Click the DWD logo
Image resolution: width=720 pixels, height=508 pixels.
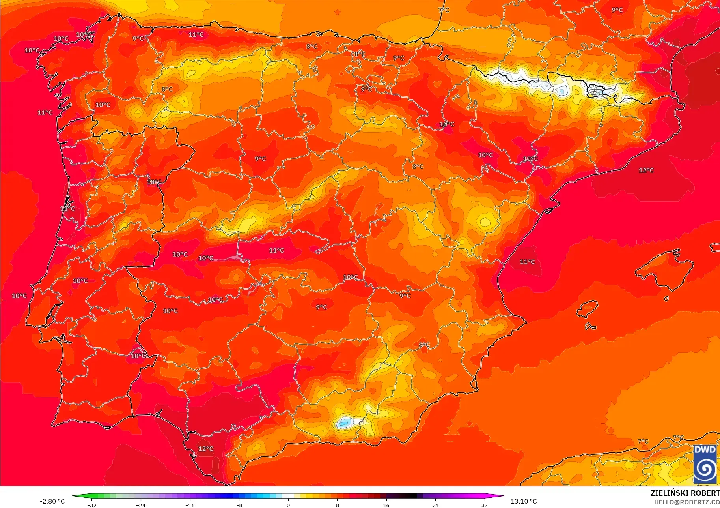click(705, 464)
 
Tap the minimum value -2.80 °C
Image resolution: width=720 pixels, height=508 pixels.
click(52, 501)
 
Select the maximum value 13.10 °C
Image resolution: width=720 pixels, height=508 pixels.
click(524, 501)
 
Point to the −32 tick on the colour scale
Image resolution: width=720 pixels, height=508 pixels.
click(92, 505)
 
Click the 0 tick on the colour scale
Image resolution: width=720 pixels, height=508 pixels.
click(288, 505)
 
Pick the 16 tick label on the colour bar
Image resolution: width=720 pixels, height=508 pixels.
click(386, 505)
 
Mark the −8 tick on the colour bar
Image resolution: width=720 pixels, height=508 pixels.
click(239, 505)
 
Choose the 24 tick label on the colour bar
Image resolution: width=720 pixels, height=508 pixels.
click(435, 505)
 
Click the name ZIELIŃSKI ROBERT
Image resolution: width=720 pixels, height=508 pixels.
click(685, 493)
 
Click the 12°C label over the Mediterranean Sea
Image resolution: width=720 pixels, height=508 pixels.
click(646, 171)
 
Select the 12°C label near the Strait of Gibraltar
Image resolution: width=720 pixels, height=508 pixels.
click(205, 449)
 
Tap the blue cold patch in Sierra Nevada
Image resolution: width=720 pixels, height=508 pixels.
click(344, 424)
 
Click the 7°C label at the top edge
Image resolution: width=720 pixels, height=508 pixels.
click(444, 10)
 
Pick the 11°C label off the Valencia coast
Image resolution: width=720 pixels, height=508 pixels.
click(527, 262)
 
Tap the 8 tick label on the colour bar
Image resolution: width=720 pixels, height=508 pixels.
click(337, 505)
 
